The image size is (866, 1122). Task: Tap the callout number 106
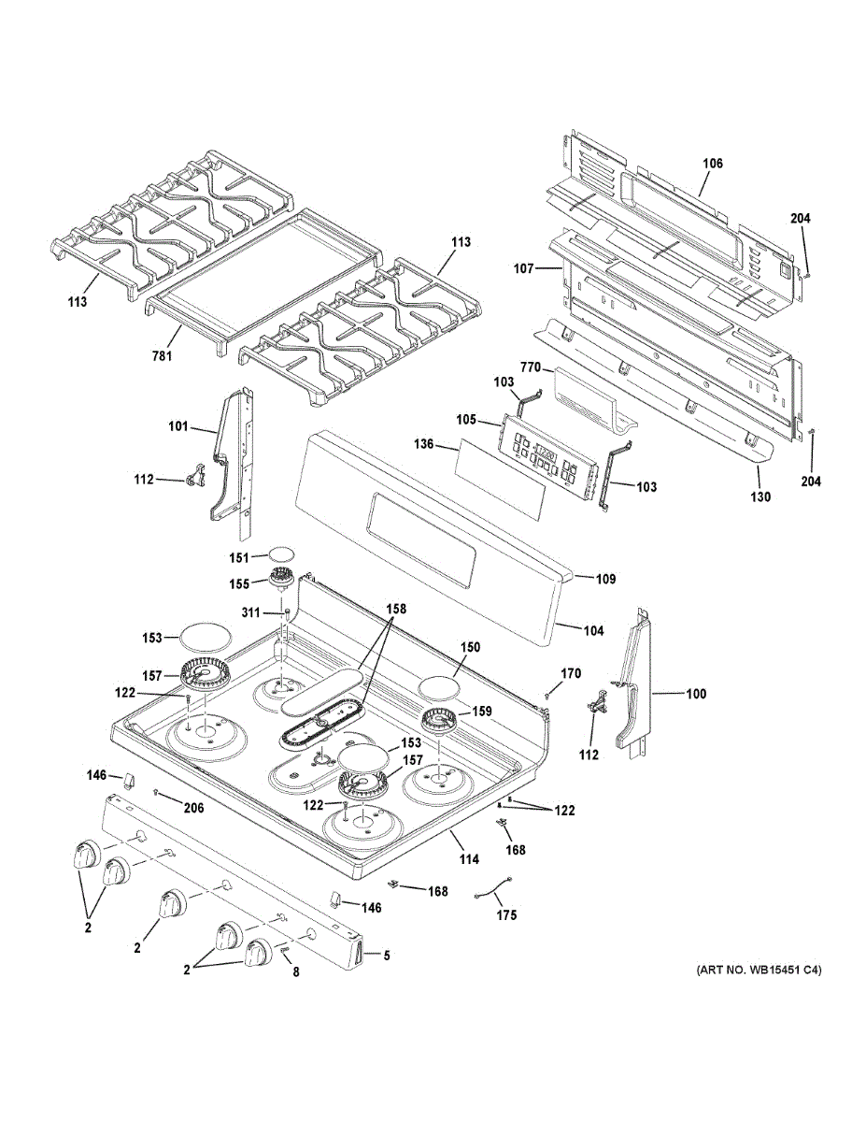712,164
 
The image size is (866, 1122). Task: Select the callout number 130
760,497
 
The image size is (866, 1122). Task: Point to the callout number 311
251,613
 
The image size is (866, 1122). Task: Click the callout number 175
506,915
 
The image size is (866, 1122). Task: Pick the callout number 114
468,859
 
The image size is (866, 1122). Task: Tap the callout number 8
296,972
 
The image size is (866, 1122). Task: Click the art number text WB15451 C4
759,971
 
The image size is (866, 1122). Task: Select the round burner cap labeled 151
283,555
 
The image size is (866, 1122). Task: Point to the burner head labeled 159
439,721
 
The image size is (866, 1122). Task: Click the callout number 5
386,955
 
